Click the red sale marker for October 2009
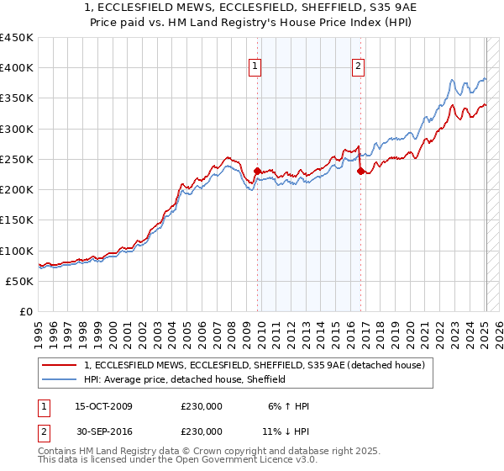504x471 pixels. pyautogui.click(x=257, y=171)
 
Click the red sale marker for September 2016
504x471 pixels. pyautogui.click(x=360, y=171)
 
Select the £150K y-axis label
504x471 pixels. pyautogui.click(x=17, y=220)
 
